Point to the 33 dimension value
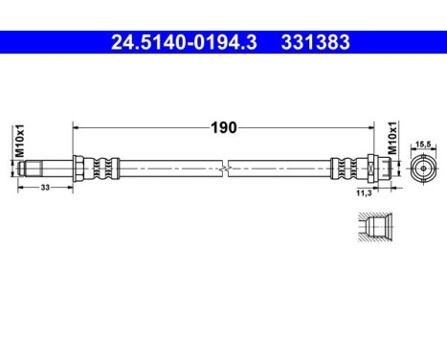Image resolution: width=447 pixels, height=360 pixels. pos(45,189)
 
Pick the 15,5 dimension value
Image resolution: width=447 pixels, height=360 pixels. pos(423,145)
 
